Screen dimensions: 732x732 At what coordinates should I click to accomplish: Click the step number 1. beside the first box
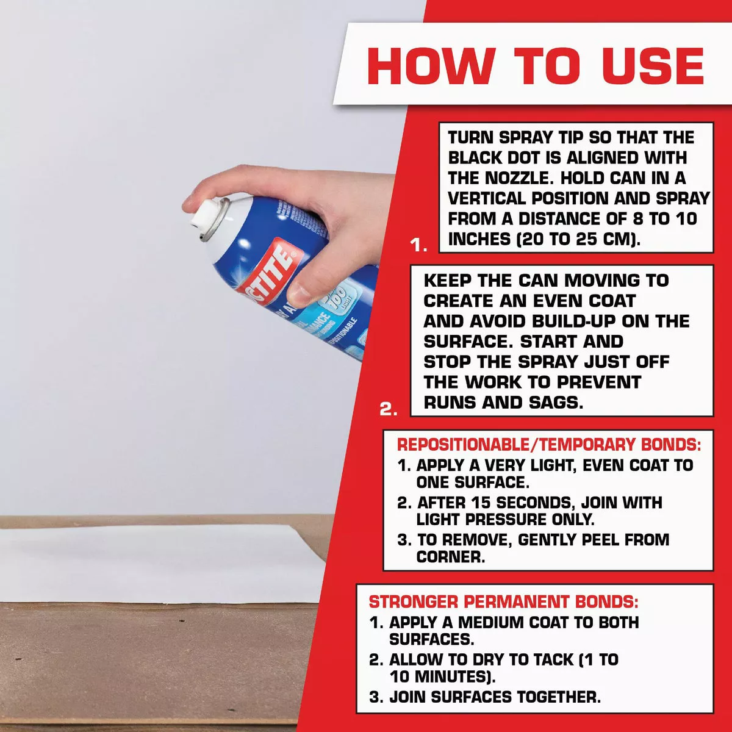pos(418,245)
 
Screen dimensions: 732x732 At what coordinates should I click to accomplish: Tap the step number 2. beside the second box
pos(389,409)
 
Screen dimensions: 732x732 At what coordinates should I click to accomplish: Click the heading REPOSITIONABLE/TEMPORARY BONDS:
pos(548,444)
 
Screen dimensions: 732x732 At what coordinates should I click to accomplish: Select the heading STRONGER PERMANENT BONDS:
pos(503,602)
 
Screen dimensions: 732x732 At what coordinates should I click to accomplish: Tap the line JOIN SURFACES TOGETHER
pos(495,697)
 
